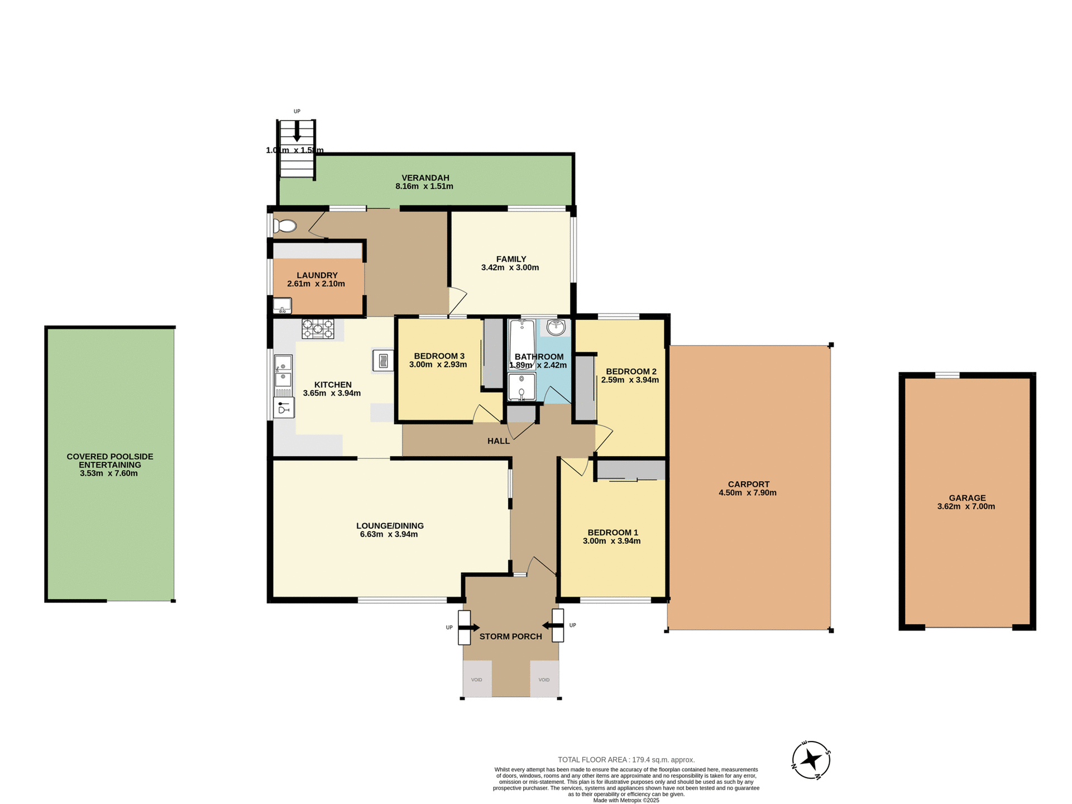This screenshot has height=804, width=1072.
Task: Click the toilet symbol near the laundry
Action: pyautogui.click(x=285, y=226)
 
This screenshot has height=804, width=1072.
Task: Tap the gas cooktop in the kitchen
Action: pyautogui.click(x=318, y=329)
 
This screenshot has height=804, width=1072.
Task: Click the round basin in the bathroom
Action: pyautogui.click(x=556, y=328)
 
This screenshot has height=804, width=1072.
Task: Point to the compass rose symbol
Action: pyautogui.click(x=811, y=760)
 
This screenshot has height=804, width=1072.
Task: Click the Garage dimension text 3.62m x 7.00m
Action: pyautogui.click(x=966, y=507)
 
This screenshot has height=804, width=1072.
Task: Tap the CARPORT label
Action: pyautogui.click(x=748, y=484)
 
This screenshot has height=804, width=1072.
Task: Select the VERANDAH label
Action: pyautogui.click(x=425, y=178)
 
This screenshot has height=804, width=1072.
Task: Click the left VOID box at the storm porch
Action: pyautogui.click(x=477, y=679)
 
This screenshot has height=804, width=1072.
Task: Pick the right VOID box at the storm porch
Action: pyautogui.click(x=544, y=679)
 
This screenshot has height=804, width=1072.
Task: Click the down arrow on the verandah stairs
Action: pyautogui.click(x=297, y=132)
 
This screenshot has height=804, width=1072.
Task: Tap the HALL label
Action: pyautogui.click(x=498, y=441)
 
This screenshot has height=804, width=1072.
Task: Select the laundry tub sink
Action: pyautogui.click(x=282, y=305)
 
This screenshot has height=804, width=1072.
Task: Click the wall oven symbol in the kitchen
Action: pyautogui.click(x=383, y=360)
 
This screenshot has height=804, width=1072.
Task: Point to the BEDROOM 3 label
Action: pyautogui.click(x=439, y=356)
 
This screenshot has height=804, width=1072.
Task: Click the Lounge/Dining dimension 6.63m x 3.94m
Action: pyautogui.click(x=389, y=534)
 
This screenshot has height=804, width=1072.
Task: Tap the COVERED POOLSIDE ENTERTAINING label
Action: pyautogui.click(x=110, y=461)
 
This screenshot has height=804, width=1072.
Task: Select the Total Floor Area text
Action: pyautogui.click(x=626, y=760)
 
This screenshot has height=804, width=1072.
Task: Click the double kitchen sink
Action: pyautogui.click(x=283, y=372)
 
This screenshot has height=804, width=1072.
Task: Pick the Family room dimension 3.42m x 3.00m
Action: pyautogui.click(x=510, y=267)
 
